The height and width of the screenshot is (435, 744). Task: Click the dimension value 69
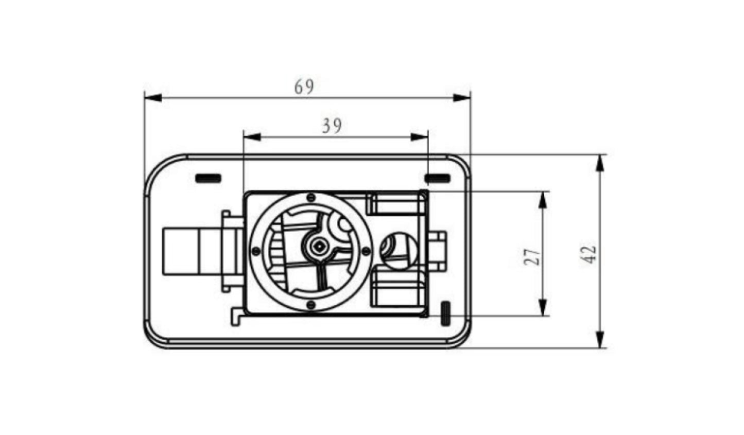tap(304, 86)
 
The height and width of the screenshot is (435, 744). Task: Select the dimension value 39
tap(332, 126)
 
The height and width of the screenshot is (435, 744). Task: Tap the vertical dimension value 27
tap(532, 256)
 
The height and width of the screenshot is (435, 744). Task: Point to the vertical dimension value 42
tap(588, 255)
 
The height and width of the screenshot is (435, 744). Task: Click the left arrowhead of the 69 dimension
tap(153, 98)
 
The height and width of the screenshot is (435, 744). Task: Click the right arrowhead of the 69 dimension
tap(462, 98)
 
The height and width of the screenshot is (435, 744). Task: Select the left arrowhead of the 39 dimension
tap(252, 137)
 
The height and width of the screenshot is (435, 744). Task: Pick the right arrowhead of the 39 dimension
tap(419, 137)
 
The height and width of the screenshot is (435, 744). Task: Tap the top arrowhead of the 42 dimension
tap(599, 163)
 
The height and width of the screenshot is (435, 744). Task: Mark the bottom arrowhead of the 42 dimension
tap(599, 339)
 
